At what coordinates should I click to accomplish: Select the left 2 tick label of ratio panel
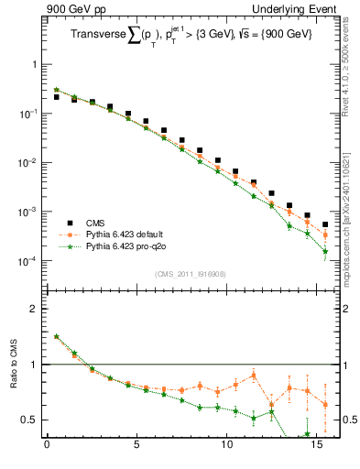34,310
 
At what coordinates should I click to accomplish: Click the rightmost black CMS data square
325,224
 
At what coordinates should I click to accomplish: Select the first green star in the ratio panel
56,336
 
